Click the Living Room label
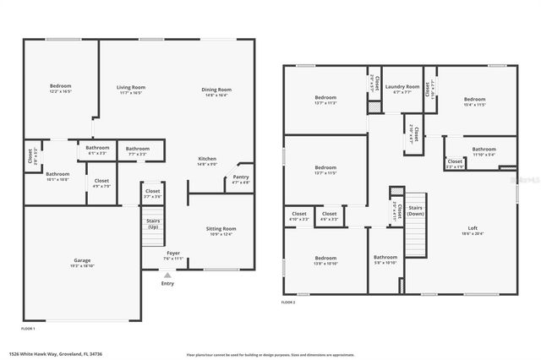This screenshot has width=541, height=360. (131, 87)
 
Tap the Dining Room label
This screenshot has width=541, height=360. (216, 90)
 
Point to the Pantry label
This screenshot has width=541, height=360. (241, 177)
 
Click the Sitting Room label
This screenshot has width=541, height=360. (221, 229)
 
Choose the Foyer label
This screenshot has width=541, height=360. (172, 253)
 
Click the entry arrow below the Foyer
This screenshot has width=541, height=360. (168, 275)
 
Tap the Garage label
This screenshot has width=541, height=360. (82, 261)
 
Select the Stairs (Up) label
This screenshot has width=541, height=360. (153, 225)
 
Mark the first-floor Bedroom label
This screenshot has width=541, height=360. (61, 85)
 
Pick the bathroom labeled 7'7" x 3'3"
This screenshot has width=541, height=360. (138, 149)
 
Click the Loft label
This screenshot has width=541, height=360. (473, 228)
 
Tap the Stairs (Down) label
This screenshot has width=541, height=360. (415, 210)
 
